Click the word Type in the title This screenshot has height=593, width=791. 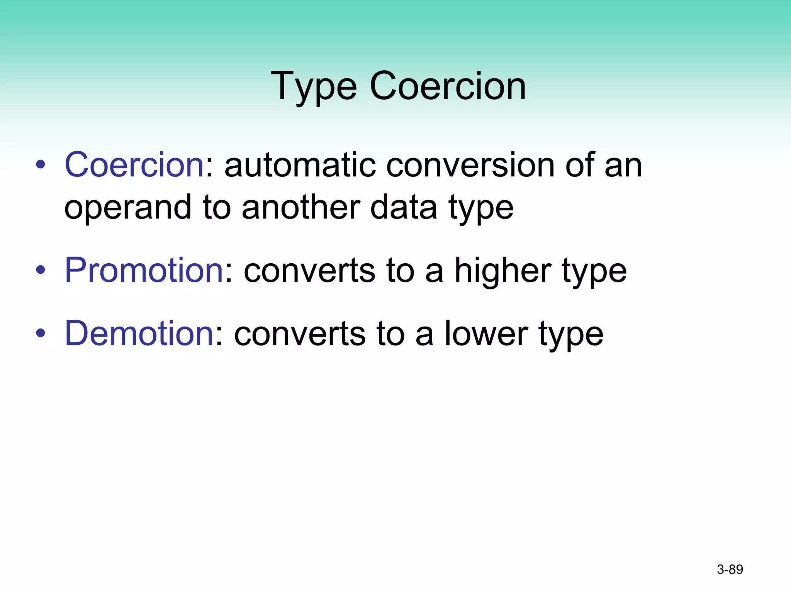(314, 87)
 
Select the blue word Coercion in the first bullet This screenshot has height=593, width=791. (134, 165)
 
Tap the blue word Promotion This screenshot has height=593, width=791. (144, 270)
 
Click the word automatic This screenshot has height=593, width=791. (300, 166)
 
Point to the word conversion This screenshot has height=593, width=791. (470, 166)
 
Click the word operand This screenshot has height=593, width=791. (128, 208)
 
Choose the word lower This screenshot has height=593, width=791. (486, 334)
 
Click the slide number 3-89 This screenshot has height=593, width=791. (730, 569)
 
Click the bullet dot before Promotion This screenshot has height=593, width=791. (41, 270)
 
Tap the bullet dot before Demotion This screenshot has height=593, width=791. (41, 333)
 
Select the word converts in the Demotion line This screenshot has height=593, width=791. (300, 334)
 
